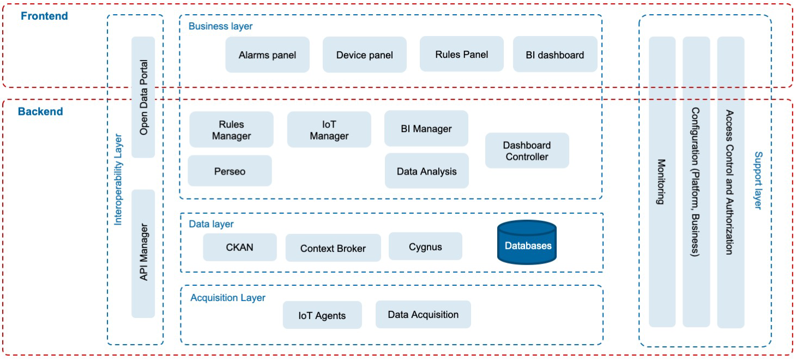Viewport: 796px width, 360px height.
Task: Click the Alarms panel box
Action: [267, 55]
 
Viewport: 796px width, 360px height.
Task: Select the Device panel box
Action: [365, 55]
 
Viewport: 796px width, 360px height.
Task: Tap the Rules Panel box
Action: [462, 54]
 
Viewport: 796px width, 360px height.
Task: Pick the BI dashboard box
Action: [555, 55]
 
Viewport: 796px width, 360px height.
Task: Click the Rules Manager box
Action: [231, 130]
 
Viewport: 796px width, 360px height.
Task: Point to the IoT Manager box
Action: [329, 130]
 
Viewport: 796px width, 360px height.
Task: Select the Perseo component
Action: [230, 171]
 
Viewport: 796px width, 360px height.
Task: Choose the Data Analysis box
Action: [427, 171]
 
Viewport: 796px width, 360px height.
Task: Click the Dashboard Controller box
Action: [527, 151]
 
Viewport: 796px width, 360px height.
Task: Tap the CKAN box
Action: [240, 247]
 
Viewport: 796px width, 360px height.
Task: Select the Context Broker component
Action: [333, 248]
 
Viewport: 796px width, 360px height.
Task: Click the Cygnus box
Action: [425, 247]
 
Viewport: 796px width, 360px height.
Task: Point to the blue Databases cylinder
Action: [527, 242]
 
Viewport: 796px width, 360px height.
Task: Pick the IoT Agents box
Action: [322, 315]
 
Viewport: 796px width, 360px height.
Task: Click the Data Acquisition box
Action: [423, 315]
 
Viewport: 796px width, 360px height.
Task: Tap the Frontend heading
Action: [44, 16]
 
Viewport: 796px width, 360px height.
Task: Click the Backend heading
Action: [40, 112]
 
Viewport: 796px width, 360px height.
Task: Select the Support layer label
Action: [758, 181]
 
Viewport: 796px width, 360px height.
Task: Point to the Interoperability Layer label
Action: [118, 179]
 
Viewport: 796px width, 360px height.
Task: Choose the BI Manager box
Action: [426, 129]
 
